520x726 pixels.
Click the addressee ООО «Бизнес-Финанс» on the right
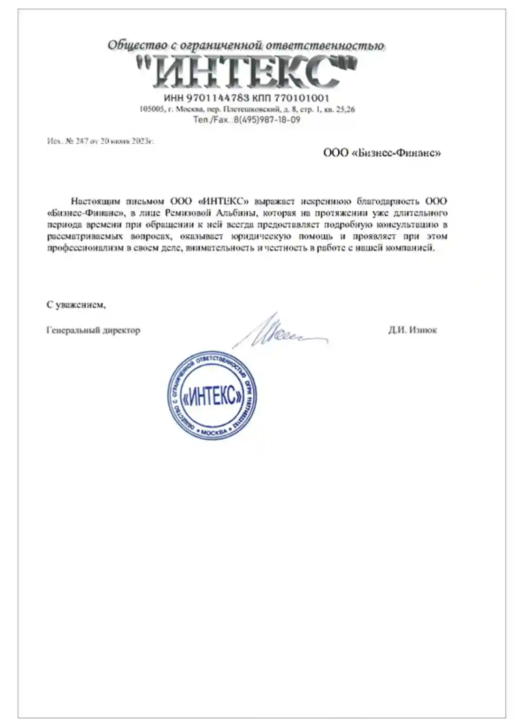(381, 153)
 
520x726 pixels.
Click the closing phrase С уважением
(76, 305)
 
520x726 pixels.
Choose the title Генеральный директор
(93, 330)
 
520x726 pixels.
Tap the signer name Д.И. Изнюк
(412, 330)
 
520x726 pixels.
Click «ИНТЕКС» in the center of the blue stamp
(213, 395)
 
